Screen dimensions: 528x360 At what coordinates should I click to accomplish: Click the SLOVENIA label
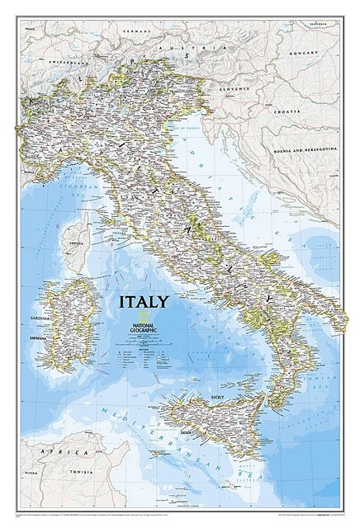point(234,85)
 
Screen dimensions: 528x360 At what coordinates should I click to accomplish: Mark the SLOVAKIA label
point(324,26)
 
